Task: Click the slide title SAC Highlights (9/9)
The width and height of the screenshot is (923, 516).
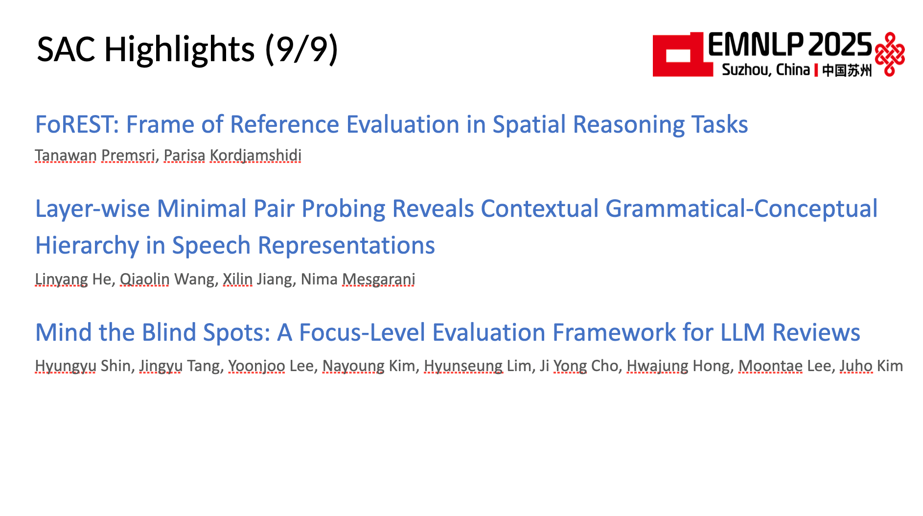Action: (187, 49)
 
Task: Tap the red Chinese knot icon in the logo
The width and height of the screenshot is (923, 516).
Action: (889, 54)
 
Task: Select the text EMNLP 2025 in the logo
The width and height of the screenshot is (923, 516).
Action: (790, 45)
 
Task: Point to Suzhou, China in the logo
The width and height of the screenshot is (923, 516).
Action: (766, 70)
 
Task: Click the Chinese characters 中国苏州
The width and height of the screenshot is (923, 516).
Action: (847, 70)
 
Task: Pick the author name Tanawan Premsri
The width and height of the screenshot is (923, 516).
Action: (95, 155)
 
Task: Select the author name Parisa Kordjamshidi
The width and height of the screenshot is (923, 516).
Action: (232, 155)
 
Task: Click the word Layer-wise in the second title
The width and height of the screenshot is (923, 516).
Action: (92, 209)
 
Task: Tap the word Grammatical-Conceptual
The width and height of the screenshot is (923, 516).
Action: (741, 209)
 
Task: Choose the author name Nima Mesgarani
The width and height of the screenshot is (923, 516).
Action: (358, 279)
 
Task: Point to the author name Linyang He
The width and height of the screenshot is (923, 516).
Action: (73, 279)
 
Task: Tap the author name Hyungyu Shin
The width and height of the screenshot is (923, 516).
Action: (83, 366)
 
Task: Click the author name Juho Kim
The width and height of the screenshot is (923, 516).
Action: (871, 366)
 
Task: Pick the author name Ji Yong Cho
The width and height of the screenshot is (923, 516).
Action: (579, 366)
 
